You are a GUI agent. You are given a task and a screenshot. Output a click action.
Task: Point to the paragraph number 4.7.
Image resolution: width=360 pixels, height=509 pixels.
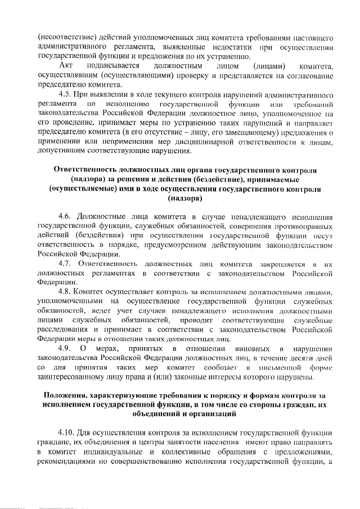pos(69,263)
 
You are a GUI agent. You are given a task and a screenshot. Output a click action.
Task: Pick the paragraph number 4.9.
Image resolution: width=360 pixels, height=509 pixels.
pos(69,349)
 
